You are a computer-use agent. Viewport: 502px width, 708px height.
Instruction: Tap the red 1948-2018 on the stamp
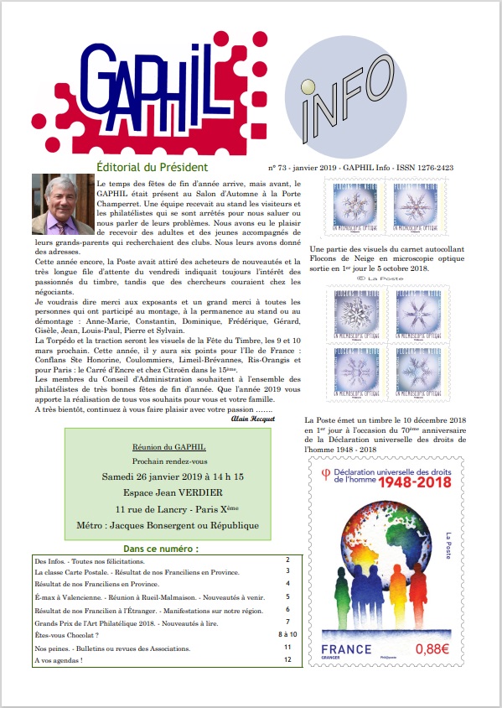(x=414, y=486)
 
